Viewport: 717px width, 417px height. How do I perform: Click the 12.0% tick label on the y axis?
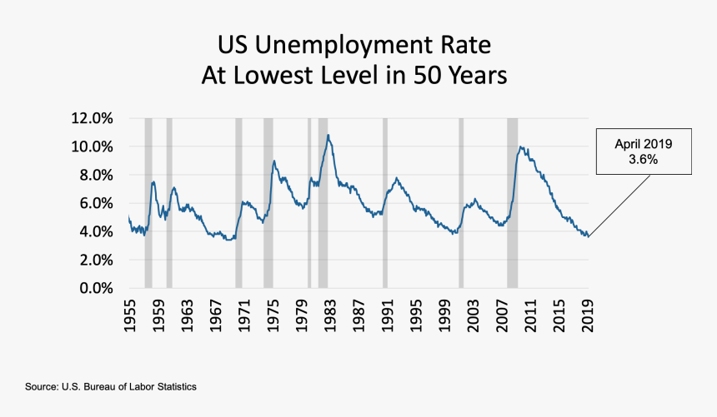93,118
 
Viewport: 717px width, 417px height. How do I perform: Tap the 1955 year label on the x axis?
130,316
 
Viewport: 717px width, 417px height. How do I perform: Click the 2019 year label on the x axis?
588,316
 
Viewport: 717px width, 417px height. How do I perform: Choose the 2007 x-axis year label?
502,316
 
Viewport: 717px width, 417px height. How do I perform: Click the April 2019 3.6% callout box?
643,151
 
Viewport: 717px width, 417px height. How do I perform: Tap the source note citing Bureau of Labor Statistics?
111,388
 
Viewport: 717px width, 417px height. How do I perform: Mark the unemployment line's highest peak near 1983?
328,135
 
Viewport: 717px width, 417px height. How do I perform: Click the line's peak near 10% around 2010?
521,147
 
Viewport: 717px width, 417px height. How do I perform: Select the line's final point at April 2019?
589,237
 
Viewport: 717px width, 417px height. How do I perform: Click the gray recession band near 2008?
512,203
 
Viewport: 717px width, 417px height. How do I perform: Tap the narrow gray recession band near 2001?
461,203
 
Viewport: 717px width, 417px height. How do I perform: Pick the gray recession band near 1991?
384,203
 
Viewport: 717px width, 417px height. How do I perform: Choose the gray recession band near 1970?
238,203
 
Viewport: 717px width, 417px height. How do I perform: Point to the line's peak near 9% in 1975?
273,161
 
